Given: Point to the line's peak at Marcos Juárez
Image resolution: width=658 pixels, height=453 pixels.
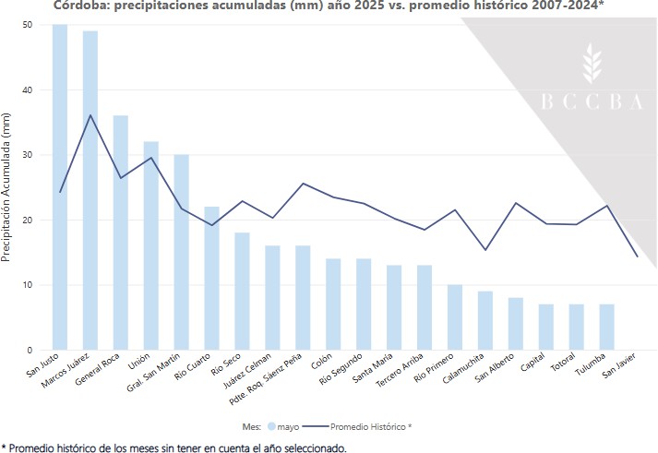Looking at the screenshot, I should point(90,115).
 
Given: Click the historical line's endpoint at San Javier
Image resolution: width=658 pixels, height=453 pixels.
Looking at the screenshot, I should point(637,256).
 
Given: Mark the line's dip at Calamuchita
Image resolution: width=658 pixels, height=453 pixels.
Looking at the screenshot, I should point(485,250).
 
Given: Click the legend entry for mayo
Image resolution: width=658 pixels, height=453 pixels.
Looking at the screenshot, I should point(285,428).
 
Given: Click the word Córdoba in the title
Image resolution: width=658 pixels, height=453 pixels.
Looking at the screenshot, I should point(78,6).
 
